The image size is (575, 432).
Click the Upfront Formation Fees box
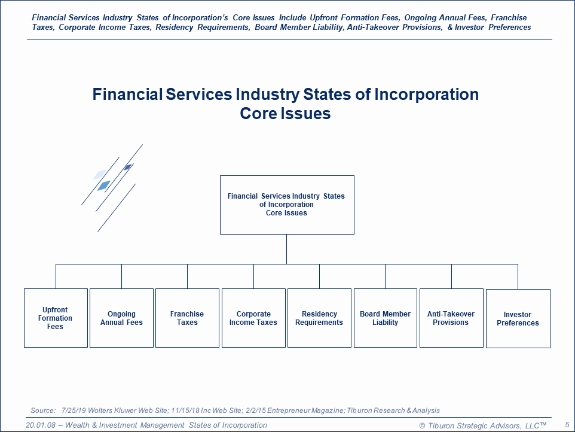[x=56, y=318]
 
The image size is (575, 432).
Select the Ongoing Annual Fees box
[x=121, y=318]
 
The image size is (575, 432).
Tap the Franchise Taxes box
[x=188, y=318]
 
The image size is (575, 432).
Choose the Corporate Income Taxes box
[x=253, y=318]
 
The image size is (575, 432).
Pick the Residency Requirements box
[x=319, y=318]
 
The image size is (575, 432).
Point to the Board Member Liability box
[x=386, y=318]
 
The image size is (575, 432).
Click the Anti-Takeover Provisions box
[x=451, y=318]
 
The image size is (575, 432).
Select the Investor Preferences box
[x=518, y=318]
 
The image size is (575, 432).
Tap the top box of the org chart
[x=287, y=205]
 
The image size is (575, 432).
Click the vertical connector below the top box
[x=286, y=249]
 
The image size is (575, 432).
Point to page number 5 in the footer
[x=567, y=425]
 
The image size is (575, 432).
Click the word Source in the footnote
[x=42, y=410]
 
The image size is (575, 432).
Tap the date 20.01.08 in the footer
[x=40, y=425]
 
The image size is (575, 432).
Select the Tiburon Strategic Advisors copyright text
[x=482, y=425]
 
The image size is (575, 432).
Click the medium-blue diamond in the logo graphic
[x=104, y=185]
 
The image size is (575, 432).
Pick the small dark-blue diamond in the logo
[x=128, y=167]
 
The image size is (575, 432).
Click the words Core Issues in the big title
[x=285, y=113]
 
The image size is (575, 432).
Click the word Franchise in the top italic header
[x=509, y=17]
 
